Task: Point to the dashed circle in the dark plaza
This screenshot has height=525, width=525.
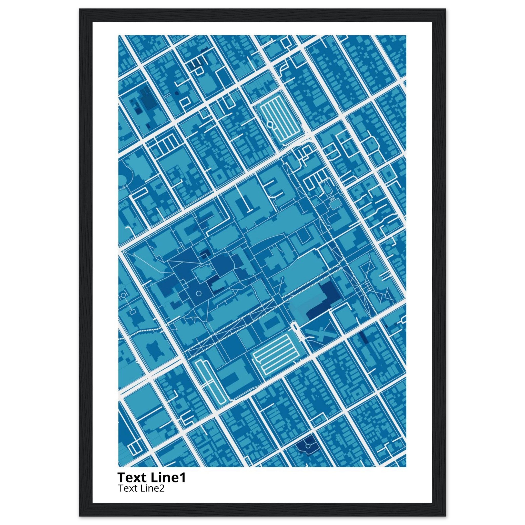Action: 198,294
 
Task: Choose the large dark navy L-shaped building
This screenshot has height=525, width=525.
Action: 325,299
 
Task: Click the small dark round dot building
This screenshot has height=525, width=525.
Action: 177,93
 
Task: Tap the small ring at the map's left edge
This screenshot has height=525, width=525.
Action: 123,295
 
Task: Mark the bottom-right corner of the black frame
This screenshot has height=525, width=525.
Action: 446,516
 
